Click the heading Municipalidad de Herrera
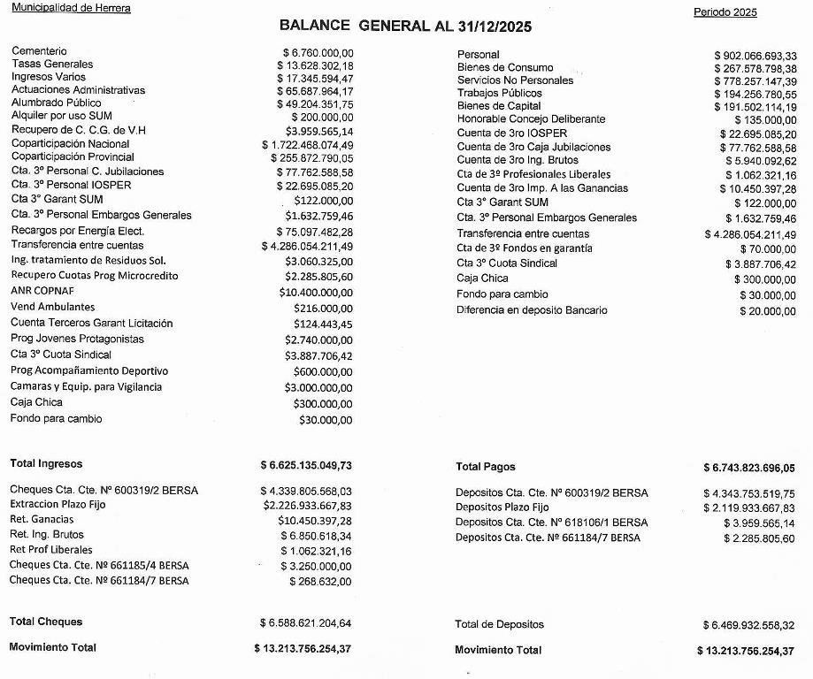tap(71, 8)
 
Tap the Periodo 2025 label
tap(725, 12)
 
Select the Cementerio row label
tap(39, 51)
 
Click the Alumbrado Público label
tap(57, 103)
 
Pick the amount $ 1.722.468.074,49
tap(307, 145)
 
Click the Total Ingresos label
tap(46, 463)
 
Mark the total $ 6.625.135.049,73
tap(306, 465)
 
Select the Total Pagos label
tap(485, 467)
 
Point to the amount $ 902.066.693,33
tap(755, 56)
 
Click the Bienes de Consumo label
tap(505, 68)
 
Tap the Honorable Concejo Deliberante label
tap(531, 119)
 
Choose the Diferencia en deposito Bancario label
tap(532, 310)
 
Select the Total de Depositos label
tap(499, 624)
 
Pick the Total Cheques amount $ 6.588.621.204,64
tap(306, 623)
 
